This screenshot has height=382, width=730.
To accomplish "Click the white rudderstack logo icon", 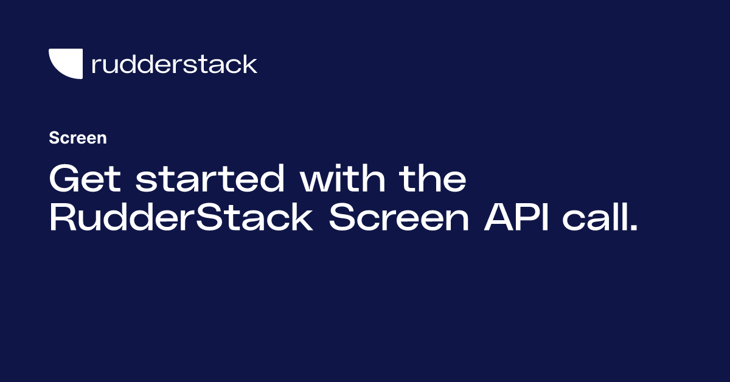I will (x=65, y=64).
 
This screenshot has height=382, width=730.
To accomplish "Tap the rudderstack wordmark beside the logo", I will (x=174, y=64).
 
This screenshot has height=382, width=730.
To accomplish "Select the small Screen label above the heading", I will (x=78, y=138).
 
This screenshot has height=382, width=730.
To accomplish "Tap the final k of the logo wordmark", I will (x=250, y=64).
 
